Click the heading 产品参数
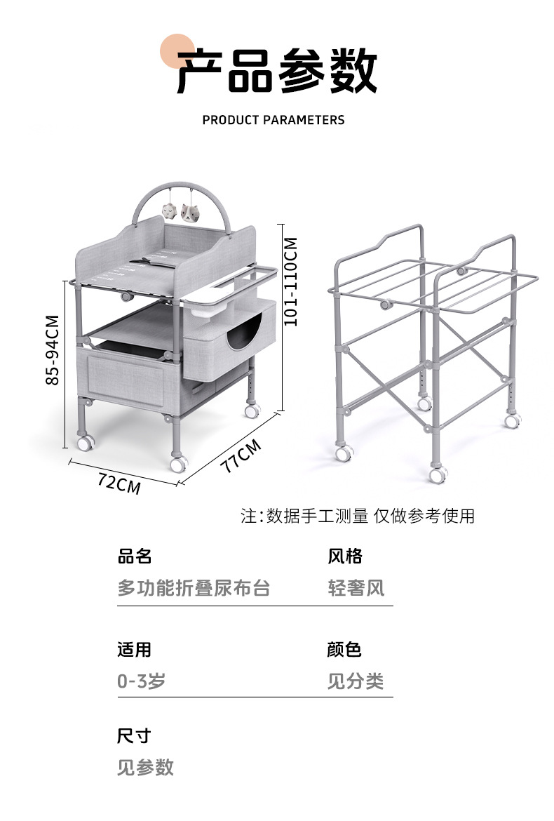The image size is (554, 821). (277, 71)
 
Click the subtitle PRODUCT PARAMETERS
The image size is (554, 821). (273, 120)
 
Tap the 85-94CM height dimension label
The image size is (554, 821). (53, 349)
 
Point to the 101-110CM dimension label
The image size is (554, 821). (291, 281)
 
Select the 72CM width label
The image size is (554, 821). (119, 483)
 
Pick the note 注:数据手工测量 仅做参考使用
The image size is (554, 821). (358, 516)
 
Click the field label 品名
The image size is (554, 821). (135, 556)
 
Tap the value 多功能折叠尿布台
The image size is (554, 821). (194, 588)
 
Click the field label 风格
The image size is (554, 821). (345, 556)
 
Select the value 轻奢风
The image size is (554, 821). (356, 588)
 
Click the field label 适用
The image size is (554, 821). (135, 649)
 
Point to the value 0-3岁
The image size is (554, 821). (141, 681)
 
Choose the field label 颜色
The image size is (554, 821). (344, 649)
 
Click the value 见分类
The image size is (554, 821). (356, 681)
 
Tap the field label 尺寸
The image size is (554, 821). (134, 735)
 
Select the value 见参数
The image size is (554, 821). (145, 768)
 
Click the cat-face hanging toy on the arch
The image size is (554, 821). (190, 213)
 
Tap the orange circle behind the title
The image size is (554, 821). (177, 51)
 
